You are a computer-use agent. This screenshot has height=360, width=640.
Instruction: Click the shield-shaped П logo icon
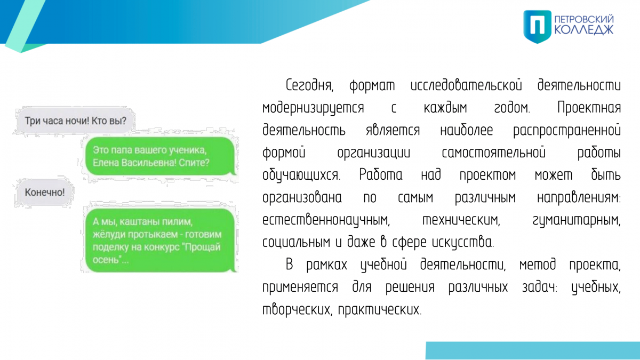[537, 27]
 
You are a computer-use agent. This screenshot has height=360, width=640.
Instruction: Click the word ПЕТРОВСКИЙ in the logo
[584, 19]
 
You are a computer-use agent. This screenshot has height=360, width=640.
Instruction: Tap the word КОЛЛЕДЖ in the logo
[584, 30]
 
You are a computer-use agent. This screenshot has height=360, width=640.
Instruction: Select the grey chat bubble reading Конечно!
[44, 193]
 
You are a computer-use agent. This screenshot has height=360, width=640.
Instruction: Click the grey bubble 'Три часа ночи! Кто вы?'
[75, 121]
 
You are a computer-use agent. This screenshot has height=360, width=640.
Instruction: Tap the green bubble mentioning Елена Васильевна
[161, 156]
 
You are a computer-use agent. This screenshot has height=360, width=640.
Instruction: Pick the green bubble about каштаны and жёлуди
[161, 241]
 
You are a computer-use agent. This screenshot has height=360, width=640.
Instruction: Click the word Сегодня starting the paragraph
[309, 85]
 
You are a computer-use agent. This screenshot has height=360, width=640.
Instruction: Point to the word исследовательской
[466, 85]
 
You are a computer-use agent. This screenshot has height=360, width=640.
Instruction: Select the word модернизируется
[313, 108]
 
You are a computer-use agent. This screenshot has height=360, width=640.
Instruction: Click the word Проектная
[589, 108]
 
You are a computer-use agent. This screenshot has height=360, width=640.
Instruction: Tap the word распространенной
[567, 130]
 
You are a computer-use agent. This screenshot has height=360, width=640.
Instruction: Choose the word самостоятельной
[493, 153]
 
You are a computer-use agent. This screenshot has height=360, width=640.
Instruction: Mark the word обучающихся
[301, 175]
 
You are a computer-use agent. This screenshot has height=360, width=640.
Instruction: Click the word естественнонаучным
[326, 220]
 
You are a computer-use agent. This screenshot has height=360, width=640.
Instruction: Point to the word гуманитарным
[577, 220]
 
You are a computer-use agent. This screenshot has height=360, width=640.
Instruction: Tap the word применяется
[300, 287]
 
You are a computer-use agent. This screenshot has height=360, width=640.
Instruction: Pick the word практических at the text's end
[380, 309]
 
